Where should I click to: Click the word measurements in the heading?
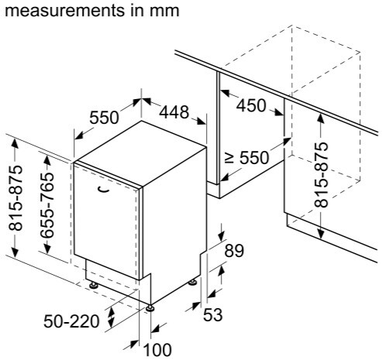point(64,11)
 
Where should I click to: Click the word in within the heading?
point(137,11)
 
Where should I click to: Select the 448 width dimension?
point(174,112)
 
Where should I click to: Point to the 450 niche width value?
point(251,105)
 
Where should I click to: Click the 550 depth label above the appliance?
point(104,118)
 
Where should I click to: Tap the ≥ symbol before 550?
point(229,158)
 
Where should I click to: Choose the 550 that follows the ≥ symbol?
point(254,158)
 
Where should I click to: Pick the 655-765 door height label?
point(47,204)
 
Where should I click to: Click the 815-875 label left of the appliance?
point(15,197)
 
